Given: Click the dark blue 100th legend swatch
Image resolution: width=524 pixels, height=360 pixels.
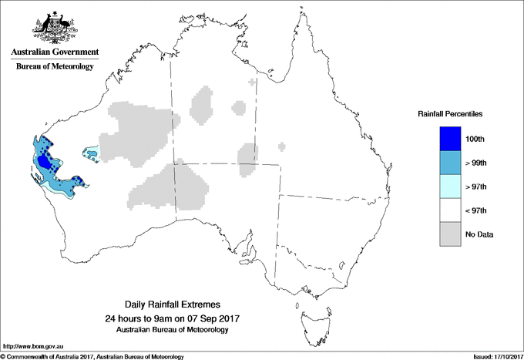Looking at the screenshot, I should click(x=449, y=138).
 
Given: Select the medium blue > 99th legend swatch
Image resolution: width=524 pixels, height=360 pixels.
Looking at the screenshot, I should click(x=449, y=162).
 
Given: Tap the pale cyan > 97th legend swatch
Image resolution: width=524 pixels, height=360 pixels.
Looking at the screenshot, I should click(x=449, y=186).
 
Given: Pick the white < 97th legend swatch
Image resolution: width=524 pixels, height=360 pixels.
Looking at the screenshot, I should click(x=449, y=210).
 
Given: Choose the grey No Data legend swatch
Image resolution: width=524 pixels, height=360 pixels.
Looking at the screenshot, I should click(x=449, y=234).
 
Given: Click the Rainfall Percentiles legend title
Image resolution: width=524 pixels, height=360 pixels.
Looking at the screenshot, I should click(x=450, y=113).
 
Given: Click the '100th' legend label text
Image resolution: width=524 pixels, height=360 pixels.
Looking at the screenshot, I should click(x=475, y=139).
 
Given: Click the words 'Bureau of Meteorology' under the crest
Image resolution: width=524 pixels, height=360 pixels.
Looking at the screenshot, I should click(x=55, y=67).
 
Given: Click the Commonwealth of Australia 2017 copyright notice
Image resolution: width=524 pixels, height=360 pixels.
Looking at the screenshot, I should click(x=92, y=356).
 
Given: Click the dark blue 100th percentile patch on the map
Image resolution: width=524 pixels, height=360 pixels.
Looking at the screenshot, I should click(x=47, y=163).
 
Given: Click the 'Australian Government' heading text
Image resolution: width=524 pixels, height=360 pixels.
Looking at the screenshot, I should click(x=55, y=52).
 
